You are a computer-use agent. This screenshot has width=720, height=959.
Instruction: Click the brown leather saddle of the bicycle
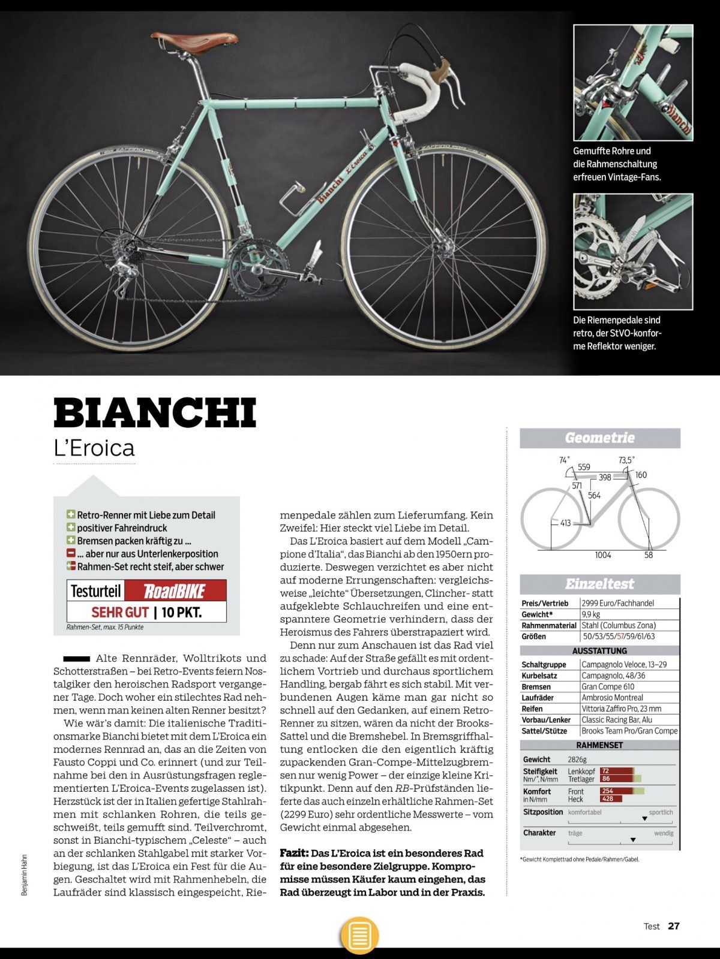(x=194, y=43)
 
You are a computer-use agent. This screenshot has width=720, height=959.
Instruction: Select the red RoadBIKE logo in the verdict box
(x=175, y=592)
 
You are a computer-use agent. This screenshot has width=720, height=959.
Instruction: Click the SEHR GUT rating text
(x=120, y=613)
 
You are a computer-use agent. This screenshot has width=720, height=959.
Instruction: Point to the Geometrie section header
(x=599, y=438)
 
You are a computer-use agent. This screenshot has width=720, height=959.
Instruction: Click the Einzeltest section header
(x=599, y=584)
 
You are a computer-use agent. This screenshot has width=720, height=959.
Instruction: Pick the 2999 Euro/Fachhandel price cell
(x=617, y=603)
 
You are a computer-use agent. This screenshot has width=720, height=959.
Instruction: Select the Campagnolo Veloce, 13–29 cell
(x=624, y=664)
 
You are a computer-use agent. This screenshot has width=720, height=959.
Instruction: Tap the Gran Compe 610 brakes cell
(x=608, y=686)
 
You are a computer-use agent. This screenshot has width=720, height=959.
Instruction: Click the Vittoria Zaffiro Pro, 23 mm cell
(x=621, y=708)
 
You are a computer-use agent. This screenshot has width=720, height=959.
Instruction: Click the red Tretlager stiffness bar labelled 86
(x=615, y=779)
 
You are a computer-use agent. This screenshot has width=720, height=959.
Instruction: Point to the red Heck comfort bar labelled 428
(x=611, y=799)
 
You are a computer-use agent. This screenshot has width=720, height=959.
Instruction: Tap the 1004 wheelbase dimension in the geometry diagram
(x=603, y=555)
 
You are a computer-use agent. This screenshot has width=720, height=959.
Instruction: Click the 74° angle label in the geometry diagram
(x=564, y=460)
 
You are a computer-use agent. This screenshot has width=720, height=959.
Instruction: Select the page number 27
(x=674, y=926)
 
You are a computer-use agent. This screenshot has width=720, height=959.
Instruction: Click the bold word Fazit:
(x=294, y=853)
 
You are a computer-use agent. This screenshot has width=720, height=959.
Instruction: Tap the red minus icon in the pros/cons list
(x=71, y=553)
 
